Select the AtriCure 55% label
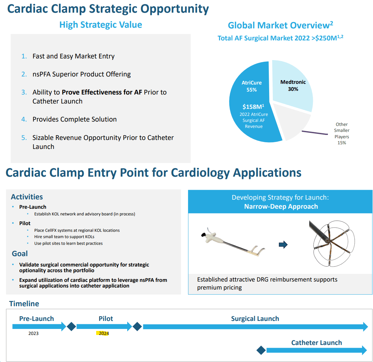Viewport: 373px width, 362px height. pyautogui.click(x=251, y=86)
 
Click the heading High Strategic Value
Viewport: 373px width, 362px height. pyautogui.click(x=101, y=25)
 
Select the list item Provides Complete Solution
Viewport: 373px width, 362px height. pyautogui.click(x=74, y=119)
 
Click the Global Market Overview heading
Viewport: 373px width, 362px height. pyautogui.click(x=278, y=25)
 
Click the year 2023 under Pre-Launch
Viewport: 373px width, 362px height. pyautogui.click(x=33, y=333)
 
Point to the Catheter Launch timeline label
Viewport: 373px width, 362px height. pyautogui.click(x=316, y=343)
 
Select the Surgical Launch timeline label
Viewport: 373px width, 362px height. pyautogui.click(x=255, y=319)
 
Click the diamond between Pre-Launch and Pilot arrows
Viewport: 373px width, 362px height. pyautogui.click(x=71, y=326)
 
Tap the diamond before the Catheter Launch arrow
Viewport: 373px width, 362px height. pyautogui.click(x=261, y=350)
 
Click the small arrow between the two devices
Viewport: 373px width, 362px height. pyautogui.click(x=283, y=245)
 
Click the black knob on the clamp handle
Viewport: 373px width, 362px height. pyautogui.click(x=203, y=235)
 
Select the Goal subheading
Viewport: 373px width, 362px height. pyautogui.click(x=20, y=253)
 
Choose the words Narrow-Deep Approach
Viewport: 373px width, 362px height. pyautogui.click(x=281, y=206)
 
